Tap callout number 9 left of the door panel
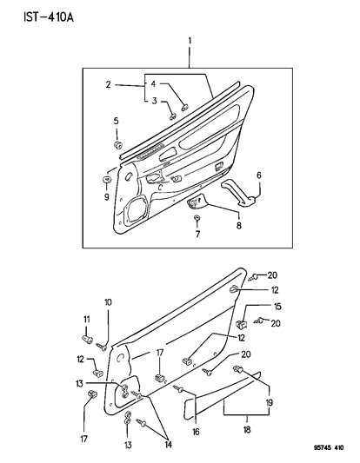106,196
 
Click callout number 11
87,321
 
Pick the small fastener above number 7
197,218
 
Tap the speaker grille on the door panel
137,208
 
